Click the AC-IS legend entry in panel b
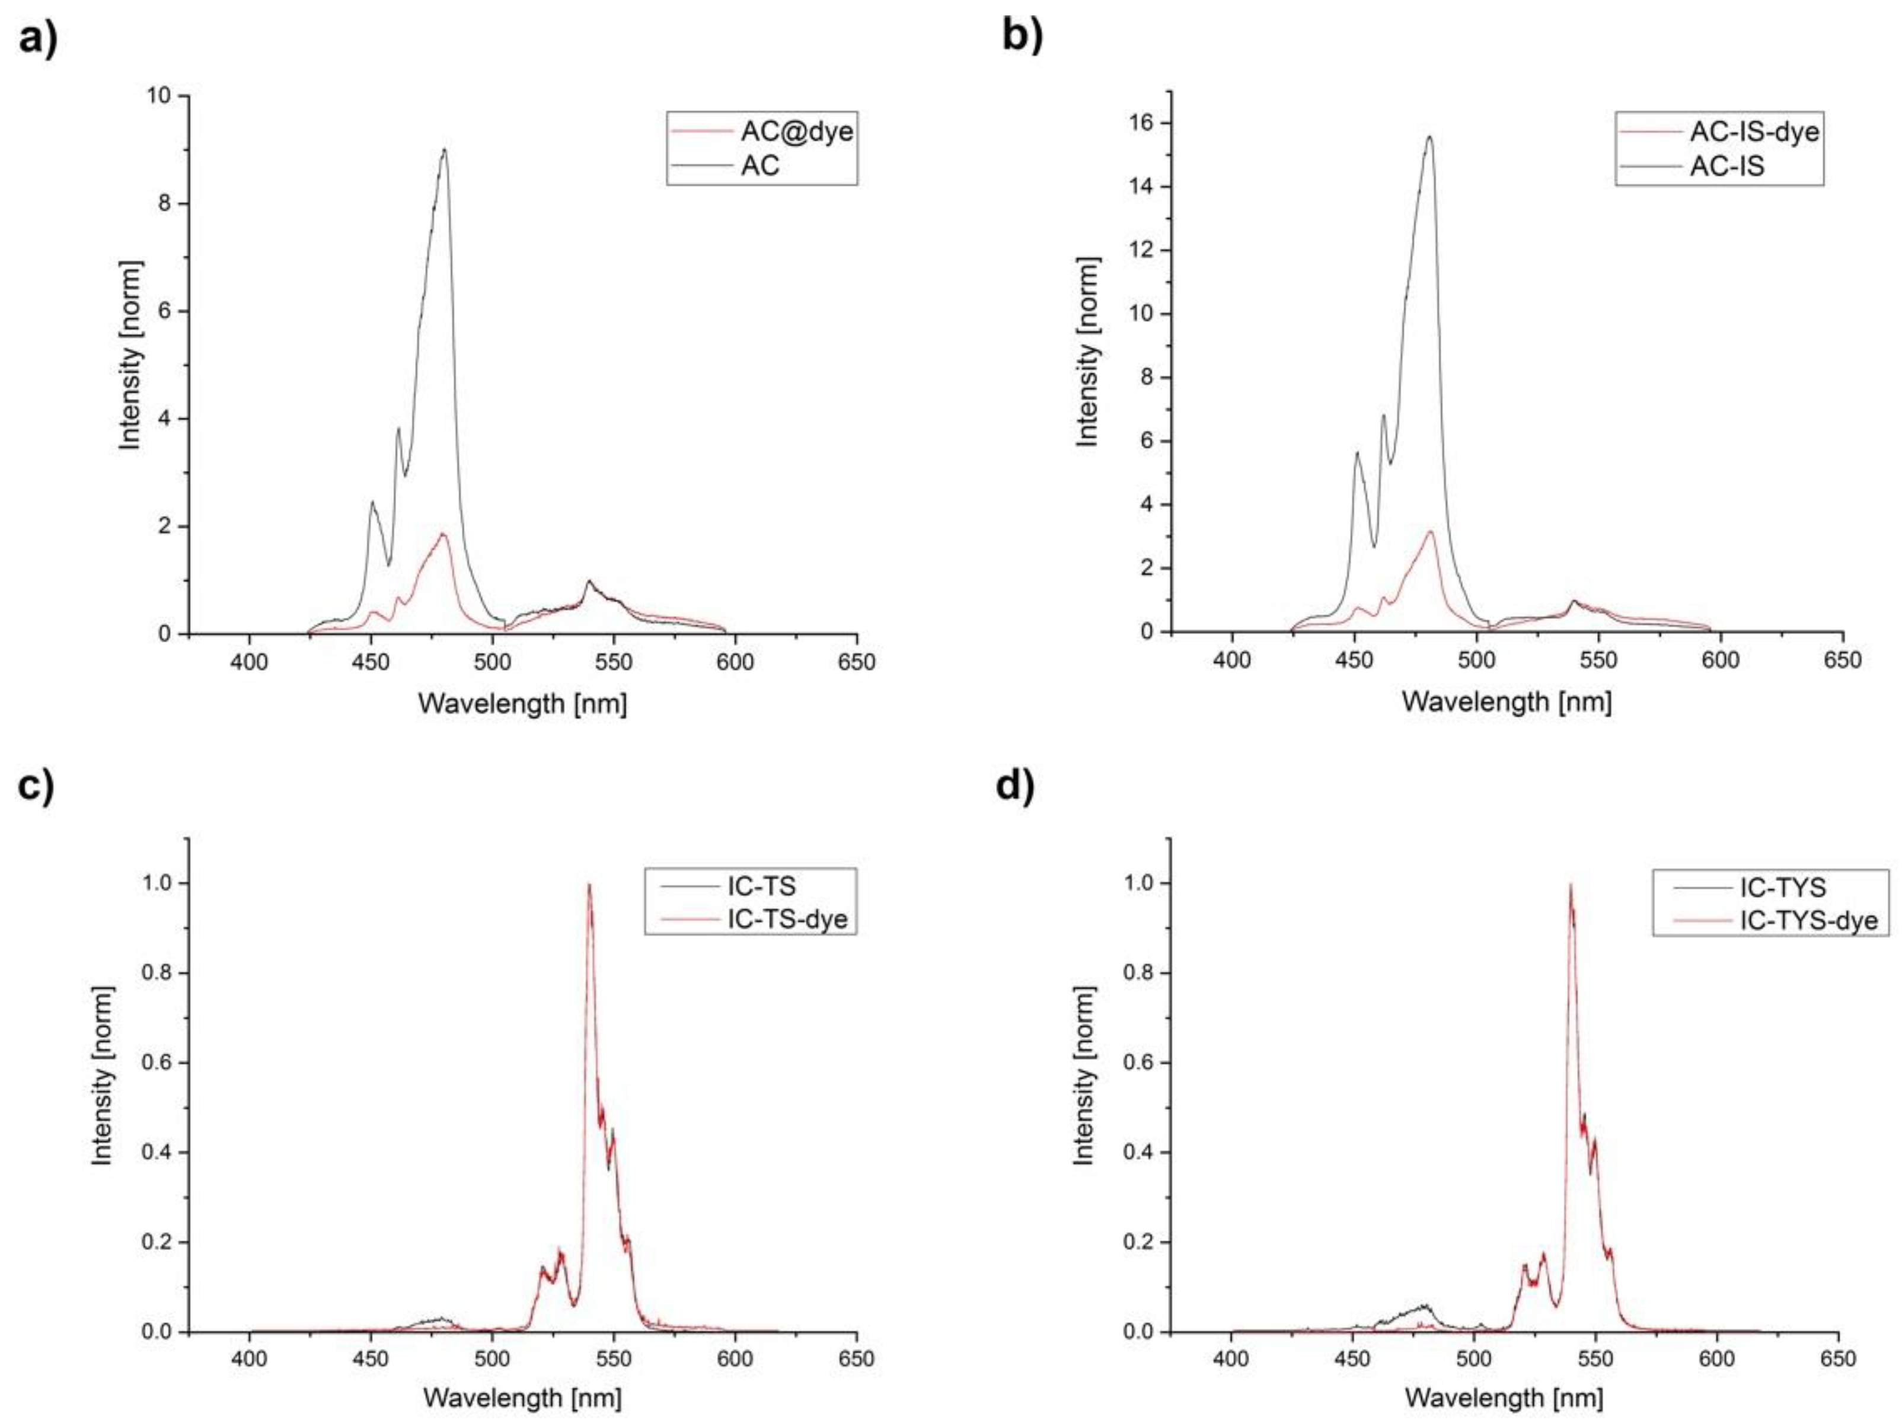[1727, 165]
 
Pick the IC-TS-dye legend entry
[787, 918]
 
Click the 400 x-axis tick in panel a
[250, 662]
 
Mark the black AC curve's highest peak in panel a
[445, 149]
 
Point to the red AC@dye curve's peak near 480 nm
[443, 534]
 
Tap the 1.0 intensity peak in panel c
[589, 885]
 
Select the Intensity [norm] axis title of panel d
[1085, 1076]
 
